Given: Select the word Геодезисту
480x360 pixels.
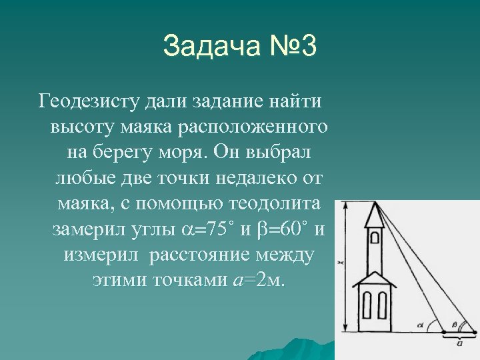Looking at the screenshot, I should click(x=88, y=101).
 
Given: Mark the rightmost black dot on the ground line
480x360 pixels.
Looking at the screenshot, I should click(x=474, y=331).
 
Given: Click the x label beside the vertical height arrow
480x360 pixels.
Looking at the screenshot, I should click(x=339, y=265).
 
